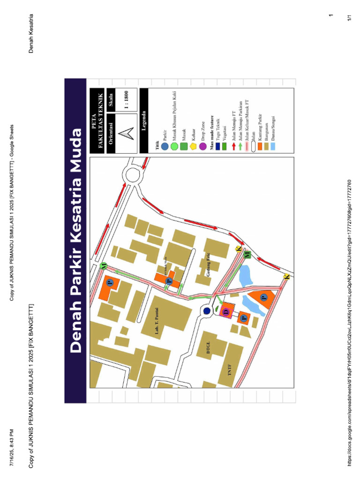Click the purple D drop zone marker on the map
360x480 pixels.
click(226, 312)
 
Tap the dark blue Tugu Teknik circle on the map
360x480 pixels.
click(207, 310)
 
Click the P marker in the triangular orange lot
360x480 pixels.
click(263, 297)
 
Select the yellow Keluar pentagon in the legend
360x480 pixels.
click(193, 146)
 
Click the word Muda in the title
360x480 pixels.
click(76, 149)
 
